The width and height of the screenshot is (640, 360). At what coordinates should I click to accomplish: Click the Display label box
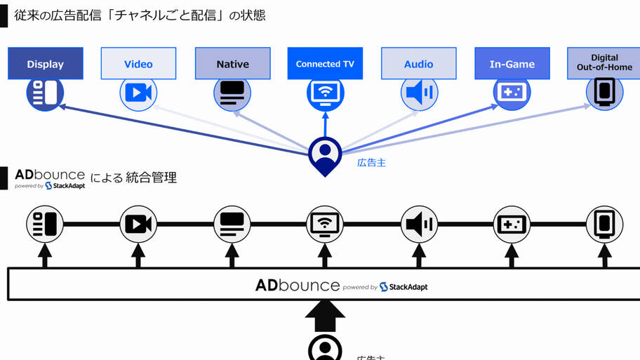pos(46,64)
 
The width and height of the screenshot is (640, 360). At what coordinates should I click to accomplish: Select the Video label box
pos(138,64)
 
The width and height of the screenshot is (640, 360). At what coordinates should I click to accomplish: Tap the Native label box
pos(232,64)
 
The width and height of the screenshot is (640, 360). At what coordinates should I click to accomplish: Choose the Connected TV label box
pos(325,64)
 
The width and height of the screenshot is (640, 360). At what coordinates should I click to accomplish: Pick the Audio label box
pos(418,64)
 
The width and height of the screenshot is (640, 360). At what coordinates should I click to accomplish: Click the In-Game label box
pos(512,64)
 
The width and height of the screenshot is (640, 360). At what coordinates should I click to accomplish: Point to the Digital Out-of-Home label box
pos(604,62)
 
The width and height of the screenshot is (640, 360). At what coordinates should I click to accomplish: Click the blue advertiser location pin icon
pos(325,155)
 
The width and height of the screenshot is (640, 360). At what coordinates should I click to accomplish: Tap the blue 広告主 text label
pos(371,163)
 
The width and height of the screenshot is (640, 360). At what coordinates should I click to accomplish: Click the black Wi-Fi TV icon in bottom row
pos(325,225)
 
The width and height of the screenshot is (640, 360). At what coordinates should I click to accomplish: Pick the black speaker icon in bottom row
pos(419,225)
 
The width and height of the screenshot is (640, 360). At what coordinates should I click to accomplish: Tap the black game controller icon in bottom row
pos(512,225)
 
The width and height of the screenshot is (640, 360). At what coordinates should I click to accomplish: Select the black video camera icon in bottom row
pos(138,225)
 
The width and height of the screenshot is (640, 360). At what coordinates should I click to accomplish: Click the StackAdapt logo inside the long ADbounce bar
pos(404,287)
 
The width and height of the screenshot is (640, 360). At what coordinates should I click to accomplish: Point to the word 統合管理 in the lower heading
pos(151,178)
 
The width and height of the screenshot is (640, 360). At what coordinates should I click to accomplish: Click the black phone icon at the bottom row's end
pos(604,225)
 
